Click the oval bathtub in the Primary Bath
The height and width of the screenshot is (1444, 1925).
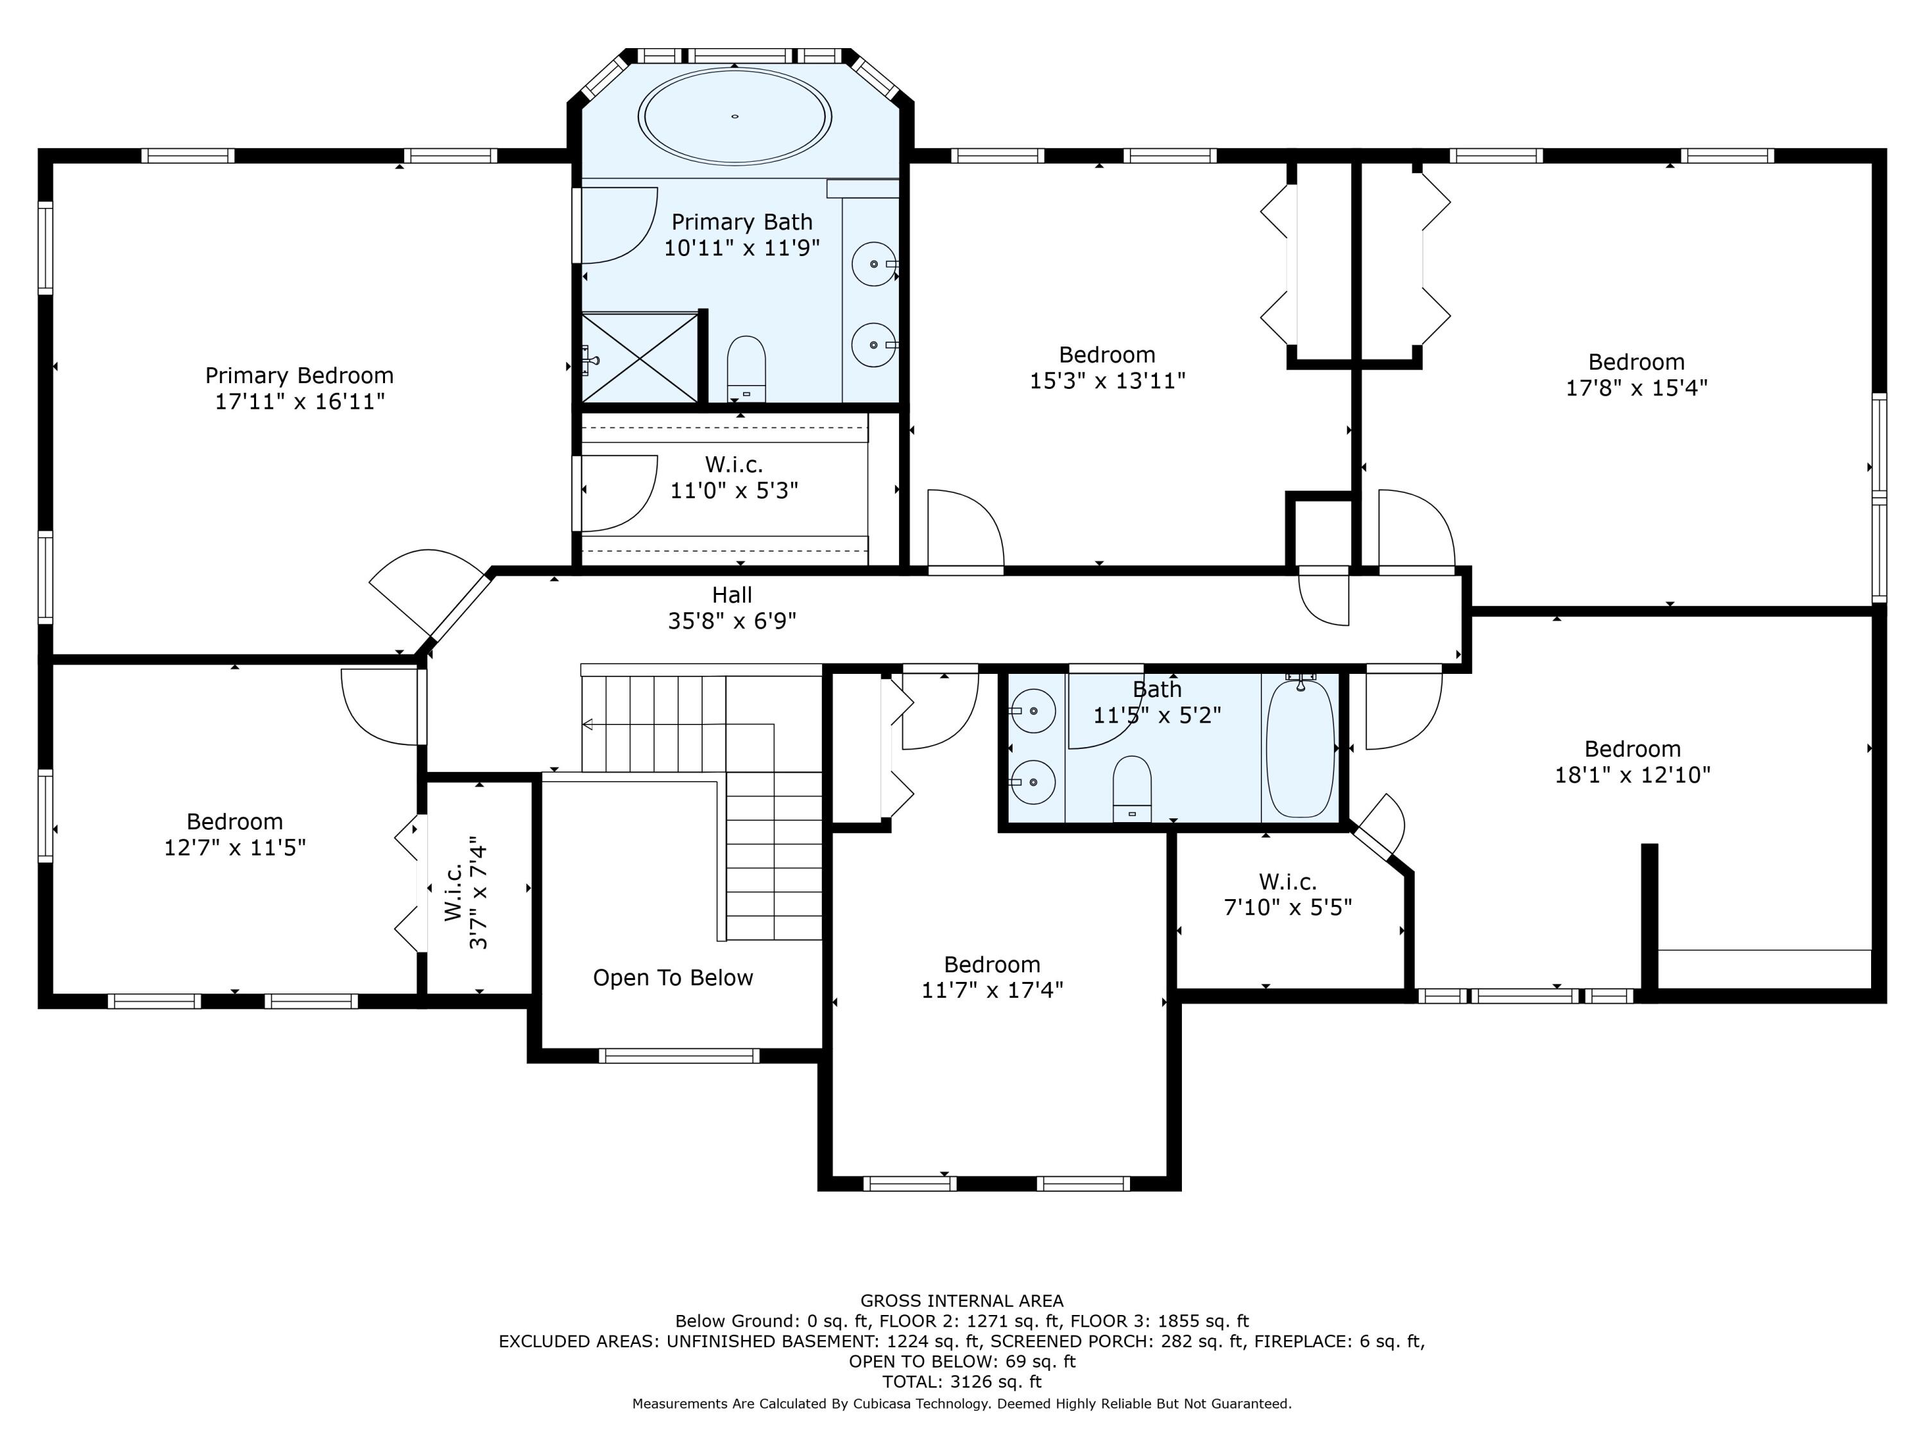coord(735,116)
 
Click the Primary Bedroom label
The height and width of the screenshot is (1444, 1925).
coord(300,375)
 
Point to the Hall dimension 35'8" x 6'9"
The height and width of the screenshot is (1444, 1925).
coord(732,621)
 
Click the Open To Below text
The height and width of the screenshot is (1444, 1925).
coord(672,977)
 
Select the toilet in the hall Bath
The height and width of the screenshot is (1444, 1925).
coord(1132,789)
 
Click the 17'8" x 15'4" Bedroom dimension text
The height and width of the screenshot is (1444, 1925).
coord(1636,388)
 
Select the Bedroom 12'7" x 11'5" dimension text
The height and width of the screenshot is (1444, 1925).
coord(235,847)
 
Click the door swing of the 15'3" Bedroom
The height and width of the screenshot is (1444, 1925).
coord(966,529)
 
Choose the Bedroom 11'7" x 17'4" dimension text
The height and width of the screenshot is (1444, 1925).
coord(992,990)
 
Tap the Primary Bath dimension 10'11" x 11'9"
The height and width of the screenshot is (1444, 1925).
coord(742,248)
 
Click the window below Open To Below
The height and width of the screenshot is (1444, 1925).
coord(679,1056)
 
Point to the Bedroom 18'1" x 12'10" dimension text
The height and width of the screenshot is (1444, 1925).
coord(1632,775)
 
